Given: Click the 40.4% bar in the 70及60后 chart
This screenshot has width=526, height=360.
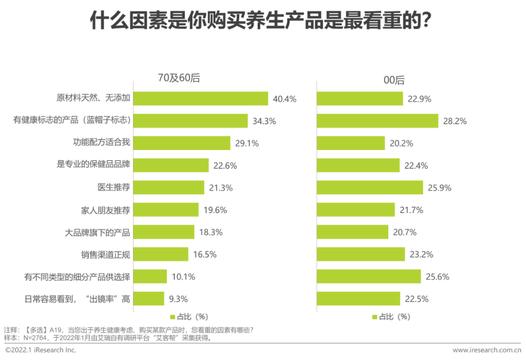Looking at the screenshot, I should click(x=201, y=98).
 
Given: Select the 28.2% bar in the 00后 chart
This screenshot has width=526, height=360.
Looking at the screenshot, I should click(x=377, y=121).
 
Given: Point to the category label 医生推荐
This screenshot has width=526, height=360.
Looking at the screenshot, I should click(x=114, y=188).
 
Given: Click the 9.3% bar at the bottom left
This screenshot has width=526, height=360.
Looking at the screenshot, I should click(x=149, y=299).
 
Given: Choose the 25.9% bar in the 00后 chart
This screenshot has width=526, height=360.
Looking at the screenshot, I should click(x=370, y=188).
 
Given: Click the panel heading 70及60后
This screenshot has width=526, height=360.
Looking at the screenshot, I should click(x=179, y=79).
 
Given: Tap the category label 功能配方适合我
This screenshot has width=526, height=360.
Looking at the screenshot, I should click(x=101, y=143).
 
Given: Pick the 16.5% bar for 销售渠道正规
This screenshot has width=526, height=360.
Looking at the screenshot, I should click(x=161, y=254).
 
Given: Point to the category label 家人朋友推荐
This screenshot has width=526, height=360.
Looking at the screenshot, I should click(x=105, y=210).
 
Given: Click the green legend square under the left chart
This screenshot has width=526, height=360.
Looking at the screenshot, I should click(x=172, y=317).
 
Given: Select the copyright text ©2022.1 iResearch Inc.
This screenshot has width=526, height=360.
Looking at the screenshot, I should click(x=40, y=350).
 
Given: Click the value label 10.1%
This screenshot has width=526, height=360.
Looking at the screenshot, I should click(x=184, y=277).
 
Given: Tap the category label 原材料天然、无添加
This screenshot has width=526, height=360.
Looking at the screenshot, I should click(x=93, y=98).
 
